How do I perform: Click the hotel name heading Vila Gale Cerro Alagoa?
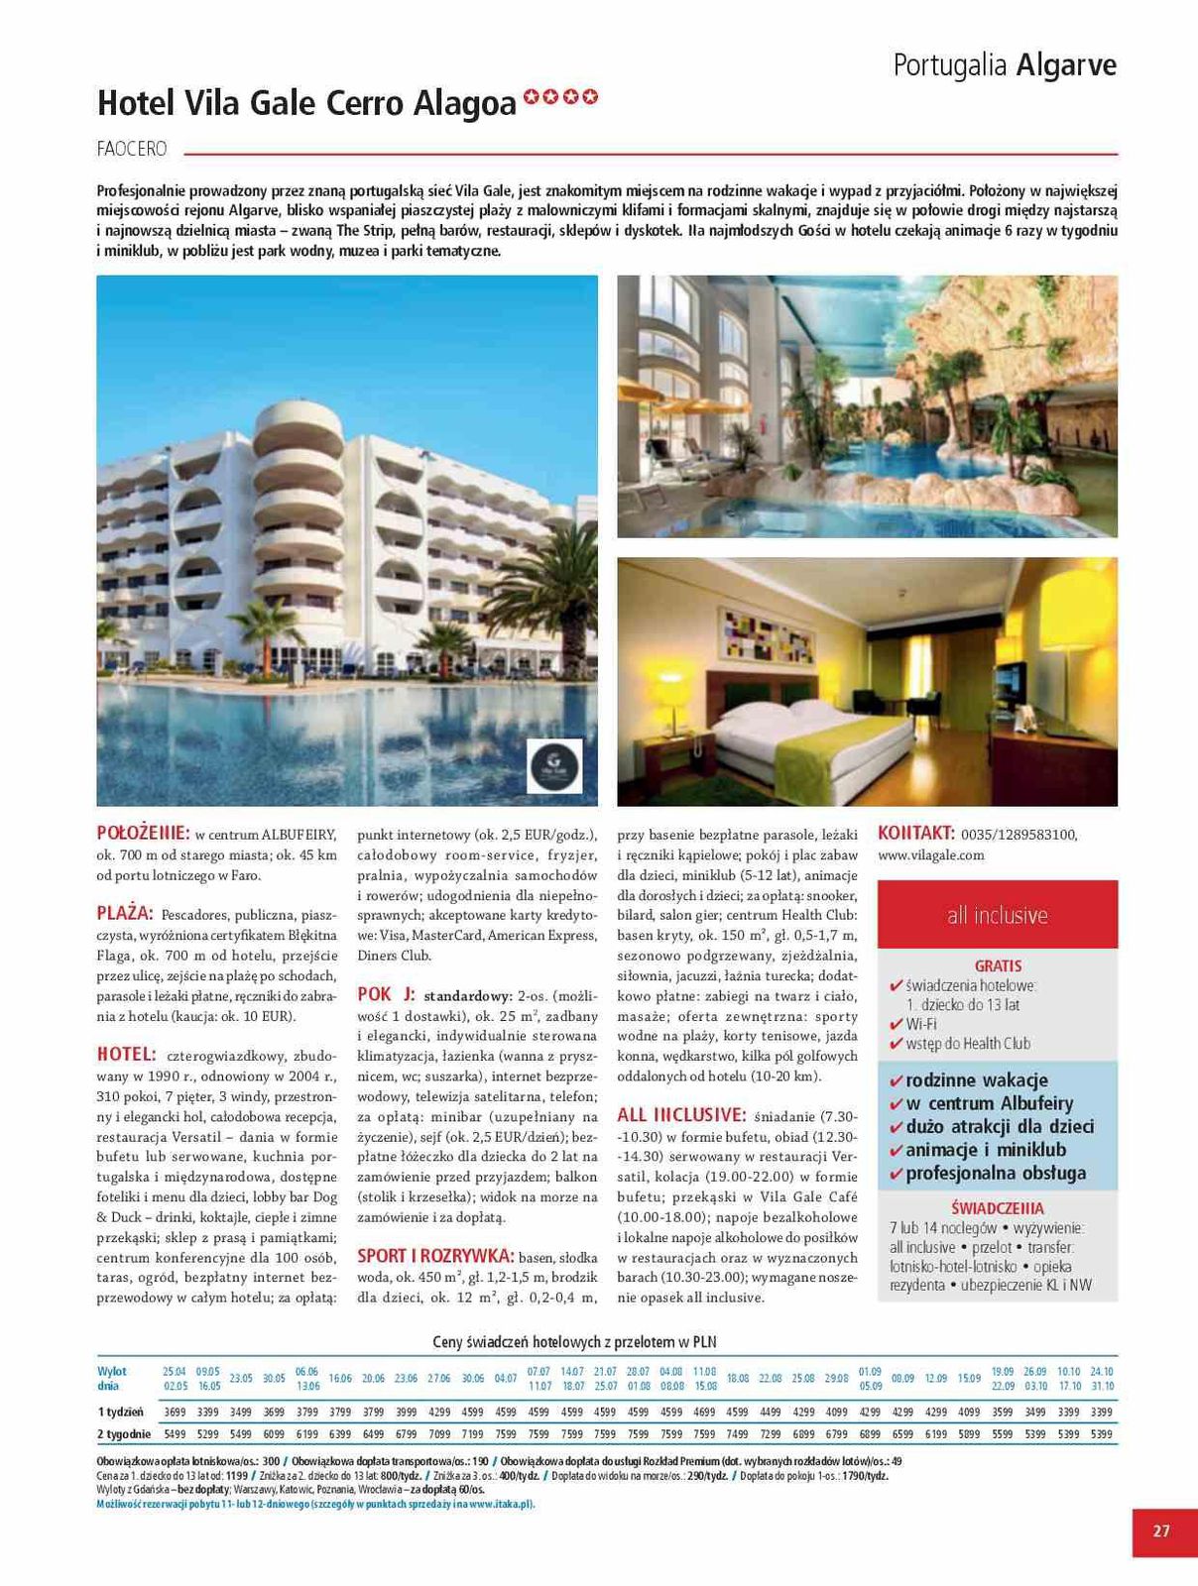(x=306, y=103)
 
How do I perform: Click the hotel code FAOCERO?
(x=132, y=150)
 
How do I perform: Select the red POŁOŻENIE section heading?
(x=143, y=833)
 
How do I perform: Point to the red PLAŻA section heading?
(x=125, y=913)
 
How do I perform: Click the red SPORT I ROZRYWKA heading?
(x=435, y=1255)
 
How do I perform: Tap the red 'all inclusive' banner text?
(x=997, y=915)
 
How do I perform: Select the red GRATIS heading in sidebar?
(x=998, y=965)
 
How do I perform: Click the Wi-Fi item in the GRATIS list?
(x=921, y=1024)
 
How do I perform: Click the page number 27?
(x=1161, y=1531)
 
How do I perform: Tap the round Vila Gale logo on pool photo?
(x=554, y=766)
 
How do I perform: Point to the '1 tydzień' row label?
(x=120, y=1412)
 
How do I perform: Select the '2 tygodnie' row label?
(x=124, y=1433)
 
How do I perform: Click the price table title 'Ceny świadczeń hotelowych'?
(x=574, y=1342)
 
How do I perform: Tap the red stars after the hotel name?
(x=561, y=97)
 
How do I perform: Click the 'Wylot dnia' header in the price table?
(x=112, y=1378)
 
